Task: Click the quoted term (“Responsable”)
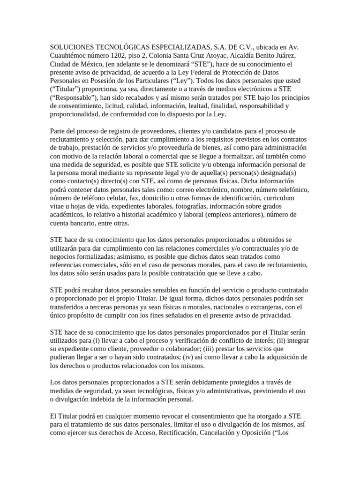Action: [x=73, y=98]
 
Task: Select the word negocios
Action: [x=65, y=257]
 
